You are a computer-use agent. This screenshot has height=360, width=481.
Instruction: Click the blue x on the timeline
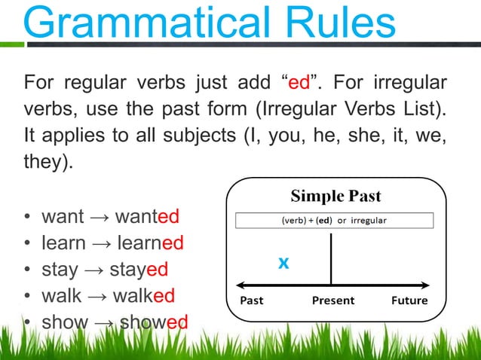[x=283, y=263]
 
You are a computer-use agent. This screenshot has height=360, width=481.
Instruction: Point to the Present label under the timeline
[x=332, y=301]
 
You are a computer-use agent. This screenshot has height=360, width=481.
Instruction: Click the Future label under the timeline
[x=409, y=301]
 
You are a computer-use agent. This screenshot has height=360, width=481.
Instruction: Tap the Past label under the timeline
[x=252, y=301]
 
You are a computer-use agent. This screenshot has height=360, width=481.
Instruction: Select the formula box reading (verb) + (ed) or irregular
[x=335, y=221]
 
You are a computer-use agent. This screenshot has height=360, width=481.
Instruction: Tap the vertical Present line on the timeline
[x=331, y=259]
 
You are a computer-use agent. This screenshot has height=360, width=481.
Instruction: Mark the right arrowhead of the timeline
[x=426, y=285]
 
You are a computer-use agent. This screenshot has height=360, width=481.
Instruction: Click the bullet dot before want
[x=27, y=218]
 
